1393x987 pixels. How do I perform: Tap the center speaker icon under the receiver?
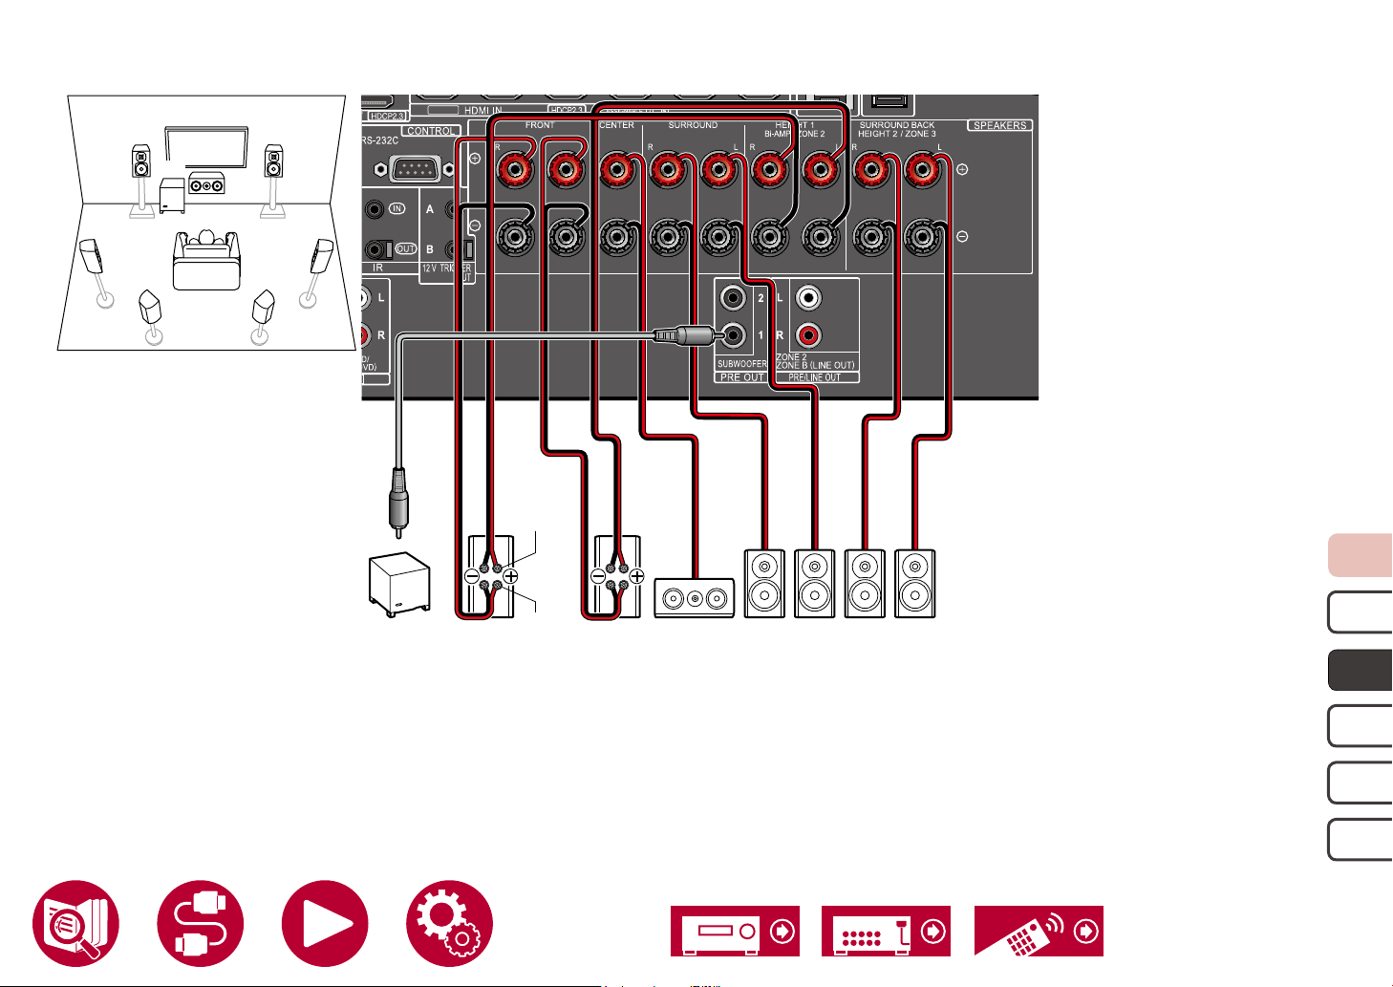694,598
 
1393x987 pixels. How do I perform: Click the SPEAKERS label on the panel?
999,125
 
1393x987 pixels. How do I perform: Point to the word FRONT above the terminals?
540,125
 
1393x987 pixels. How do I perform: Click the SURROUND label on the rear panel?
693,125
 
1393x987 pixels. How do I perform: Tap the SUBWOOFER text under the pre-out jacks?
741,364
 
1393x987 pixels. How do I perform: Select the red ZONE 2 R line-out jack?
809,335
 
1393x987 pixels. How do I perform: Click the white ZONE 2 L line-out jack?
809,298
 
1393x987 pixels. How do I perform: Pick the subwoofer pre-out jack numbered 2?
734,298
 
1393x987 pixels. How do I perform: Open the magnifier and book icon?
76,923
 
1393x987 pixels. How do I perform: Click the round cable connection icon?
201,923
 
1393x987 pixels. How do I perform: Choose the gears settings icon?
449,923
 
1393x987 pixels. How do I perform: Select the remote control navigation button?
1039,931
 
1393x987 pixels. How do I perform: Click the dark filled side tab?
1360,670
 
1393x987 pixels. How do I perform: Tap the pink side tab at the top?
1360,555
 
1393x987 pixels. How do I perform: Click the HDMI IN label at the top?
482,111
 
